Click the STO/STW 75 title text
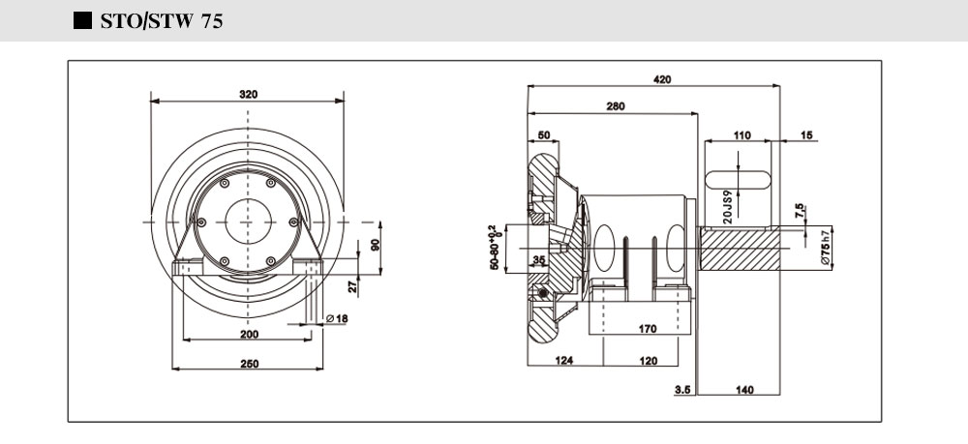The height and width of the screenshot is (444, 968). (x=162, y=21)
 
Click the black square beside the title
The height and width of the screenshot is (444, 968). (x=82, y=21)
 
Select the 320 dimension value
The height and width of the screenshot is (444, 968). (x=248, y=94)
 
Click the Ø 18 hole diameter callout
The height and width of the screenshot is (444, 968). (x=337, y=319)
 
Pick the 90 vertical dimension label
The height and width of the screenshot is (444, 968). (x=376, y=243)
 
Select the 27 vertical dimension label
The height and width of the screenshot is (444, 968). (x=353, y=285)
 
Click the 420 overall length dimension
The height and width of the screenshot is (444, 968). (x=662, y=79)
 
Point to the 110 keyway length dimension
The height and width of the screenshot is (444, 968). (x=741, y=135)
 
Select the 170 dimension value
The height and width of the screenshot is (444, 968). (x=648, y=329)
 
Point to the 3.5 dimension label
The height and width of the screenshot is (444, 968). (x=681, y=390)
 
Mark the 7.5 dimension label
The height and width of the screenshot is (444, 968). (x=799, y=211)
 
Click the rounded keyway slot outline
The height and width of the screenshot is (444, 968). (x=739, y=179)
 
